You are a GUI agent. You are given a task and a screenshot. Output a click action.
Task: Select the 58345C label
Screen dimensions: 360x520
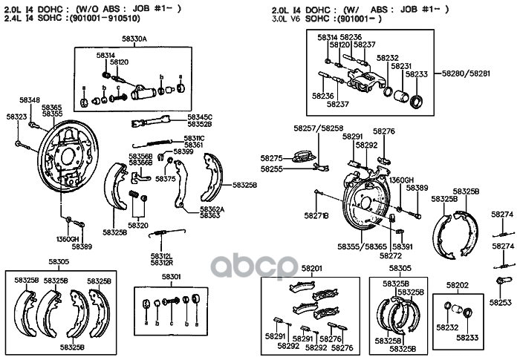pyautogui.click(x=200, y=117)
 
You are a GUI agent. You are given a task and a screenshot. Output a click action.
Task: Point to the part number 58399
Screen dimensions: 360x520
pyautogui.click(x=183, y=151)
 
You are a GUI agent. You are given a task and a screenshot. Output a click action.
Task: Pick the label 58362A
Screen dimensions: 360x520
pyautogui.click(x=212, y=209)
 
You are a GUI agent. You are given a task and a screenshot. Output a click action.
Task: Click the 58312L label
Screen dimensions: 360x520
pyautogui.click(x=162, y=256)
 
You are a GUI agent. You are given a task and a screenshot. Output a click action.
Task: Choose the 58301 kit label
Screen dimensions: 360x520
pyautogui.click(x=172, y=278)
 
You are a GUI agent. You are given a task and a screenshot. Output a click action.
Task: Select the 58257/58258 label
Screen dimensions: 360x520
pyautogui.click(x=322, y=128)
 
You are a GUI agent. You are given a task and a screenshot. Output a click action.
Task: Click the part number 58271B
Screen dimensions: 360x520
pyautogui.click(x=316, y=215)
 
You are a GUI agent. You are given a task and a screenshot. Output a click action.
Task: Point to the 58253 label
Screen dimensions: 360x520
pyautogui.click(x=502, y=303)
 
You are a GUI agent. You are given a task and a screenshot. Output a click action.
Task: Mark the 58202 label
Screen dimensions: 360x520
pyautogui.click(x=457, y=284)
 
